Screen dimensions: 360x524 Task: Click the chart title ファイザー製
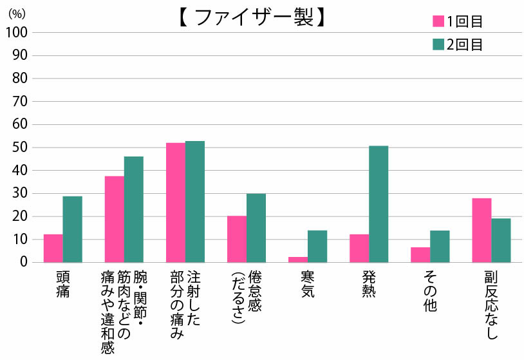[251, 17]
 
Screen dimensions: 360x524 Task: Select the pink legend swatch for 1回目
[438, 21]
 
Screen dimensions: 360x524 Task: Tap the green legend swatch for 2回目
[438, 44]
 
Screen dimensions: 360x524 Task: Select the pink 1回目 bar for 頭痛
[53, 248]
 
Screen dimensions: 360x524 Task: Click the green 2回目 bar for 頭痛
[72, 229]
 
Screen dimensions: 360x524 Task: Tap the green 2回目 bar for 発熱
[379, 204]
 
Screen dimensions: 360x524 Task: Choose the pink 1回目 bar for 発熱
[359, 248]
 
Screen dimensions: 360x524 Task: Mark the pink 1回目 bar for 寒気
[298, 260]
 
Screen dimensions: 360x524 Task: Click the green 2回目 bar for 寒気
[317, 246]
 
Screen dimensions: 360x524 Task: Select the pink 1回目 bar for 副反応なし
[482, 230]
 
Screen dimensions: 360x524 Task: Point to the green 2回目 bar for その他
[440, 246]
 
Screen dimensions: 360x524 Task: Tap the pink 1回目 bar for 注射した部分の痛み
[175, 202]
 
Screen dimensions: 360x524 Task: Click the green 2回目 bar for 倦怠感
[256, 228]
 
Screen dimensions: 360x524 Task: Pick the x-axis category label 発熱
[369, 284]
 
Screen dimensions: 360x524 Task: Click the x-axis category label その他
[430, 291]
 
